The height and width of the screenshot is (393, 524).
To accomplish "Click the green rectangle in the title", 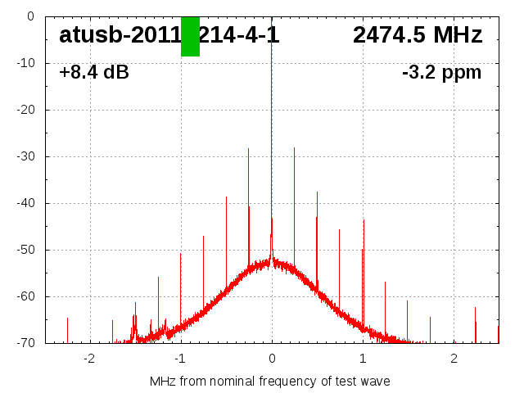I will [x=190, y=37].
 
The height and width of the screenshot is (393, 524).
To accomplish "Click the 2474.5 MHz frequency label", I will [x=418, y=35].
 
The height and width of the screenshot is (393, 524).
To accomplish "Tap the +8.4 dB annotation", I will [x=94, y=73].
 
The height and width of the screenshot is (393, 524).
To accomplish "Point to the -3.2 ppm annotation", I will [x=442, y=73].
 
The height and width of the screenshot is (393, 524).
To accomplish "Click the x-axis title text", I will [x=270, y=382].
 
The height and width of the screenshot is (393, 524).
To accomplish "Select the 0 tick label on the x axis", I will [x=272, y=359].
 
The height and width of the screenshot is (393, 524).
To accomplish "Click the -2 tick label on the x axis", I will [x=89, y=359].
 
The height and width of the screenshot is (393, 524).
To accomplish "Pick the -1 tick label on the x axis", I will [x=180, y=359].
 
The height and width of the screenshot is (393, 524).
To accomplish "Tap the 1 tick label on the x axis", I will [x=363, y=359].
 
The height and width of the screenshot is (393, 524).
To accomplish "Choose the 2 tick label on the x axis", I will [x=454, y=359].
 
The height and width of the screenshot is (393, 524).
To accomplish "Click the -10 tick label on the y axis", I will [x=25, y=63].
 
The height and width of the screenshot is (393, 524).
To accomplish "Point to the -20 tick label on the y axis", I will [x=25, y=110].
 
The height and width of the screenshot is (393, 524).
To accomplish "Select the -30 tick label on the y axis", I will [x=25, y=156].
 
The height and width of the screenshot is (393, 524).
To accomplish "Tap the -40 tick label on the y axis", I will [x=25, y=203].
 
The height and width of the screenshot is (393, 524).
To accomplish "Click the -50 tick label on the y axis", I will [x=25, y=250].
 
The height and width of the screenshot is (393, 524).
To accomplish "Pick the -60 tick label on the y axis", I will [x=25, y=296].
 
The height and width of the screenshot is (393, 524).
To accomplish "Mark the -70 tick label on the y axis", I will [x=25, y=343].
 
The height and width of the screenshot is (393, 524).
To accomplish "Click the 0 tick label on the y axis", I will [x=29, y=16].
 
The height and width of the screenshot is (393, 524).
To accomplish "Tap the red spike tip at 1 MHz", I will [x=364, y=220].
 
